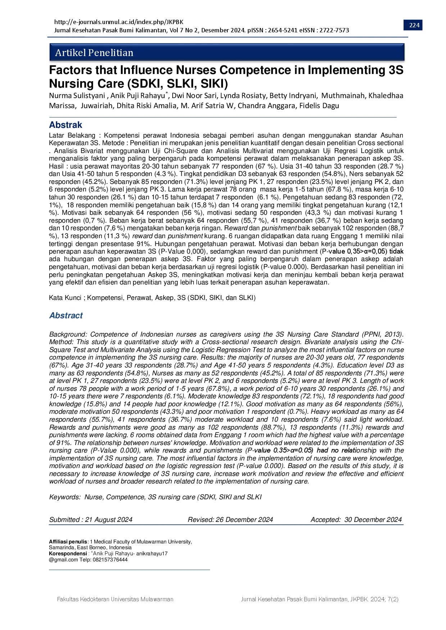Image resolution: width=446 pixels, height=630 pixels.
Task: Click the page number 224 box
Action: coord(414,25)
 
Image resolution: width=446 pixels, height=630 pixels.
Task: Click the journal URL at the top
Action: coord(119,22)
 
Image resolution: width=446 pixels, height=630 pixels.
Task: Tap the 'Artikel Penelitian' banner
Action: coord(94,53)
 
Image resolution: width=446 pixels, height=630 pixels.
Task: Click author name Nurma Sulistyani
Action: coord(77,96)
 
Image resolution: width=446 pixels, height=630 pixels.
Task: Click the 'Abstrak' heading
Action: coord(65,125)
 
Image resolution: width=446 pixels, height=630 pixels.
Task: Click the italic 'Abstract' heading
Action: coord(66,315)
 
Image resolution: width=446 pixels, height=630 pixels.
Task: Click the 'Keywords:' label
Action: coord(65,497)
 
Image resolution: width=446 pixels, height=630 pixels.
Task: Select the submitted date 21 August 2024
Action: coord(109,519)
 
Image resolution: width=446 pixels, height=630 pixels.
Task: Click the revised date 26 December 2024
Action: coord(244,519)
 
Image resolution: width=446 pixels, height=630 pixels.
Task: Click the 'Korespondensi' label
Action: coord(68,553)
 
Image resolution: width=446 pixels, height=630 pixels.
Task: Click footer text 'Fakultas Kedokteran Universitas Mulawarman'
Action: coord(115,599)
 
